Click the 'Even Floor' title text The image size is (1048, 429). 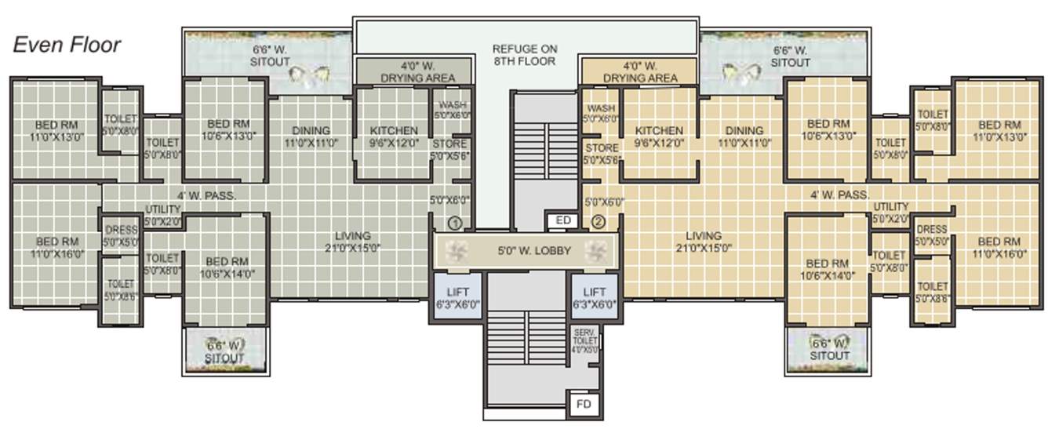point(67,45)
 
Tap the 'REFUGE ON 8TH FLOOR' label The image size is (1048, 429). point(524,54)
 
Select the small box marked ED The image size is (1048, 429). point(562,221)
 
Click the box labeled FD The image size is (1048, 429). point(583,405)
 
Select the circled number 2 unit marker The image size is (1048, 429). point(599,222)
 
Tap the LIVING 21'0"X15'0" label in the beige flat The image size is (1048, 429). point(703,241)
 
